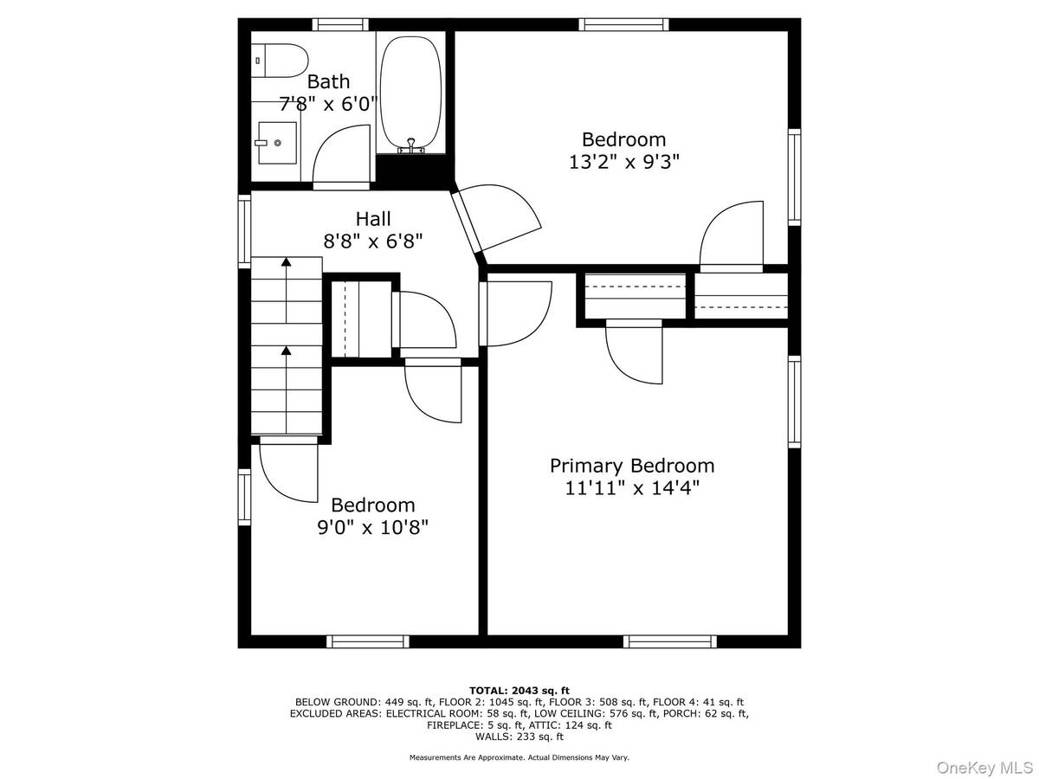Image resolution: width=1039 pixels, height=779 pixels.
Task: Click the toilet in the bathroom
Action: tap(279, 61)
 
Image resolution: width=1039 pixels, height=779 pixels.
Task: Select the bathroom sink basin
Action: tap(277, 143)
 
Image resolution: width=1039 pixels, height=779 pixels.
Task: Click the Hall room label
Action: tap(373, 219)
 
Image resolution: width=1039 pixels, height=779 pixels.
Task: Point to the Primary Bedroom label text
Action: tap(632, 466)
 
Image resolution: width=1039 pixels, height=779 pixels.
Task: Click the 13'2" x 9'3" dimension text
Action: tap(624, 162)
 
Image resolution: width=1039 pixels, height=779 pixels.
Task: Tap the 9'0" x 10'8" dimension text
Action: tap(372, 527)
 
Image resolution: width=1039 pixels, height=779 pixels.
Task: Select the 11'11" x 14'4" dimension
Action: tap(632, 487)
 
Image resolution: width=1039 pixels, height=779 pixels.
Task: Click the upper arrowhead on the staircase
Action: tap(286, 261)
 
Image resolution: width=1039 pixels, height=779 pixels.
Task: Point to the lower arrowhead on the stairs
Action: tap(286, 350)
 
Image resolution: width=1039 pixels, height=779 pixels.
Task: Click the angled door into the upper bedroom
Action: tap(496, 218)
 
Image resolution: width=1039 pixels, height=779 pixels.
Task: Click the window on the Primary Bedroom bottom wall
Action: tap(670, 641)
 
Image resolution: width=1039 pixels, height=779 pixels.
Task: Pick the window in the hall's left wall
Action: tap(244, 231)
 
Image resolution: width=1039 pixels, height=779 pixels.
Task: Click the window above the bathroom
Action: tap(340, 24)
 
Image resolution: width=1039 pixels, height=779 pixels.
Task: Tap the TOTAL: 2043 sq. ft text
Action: tap(519, 691)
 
